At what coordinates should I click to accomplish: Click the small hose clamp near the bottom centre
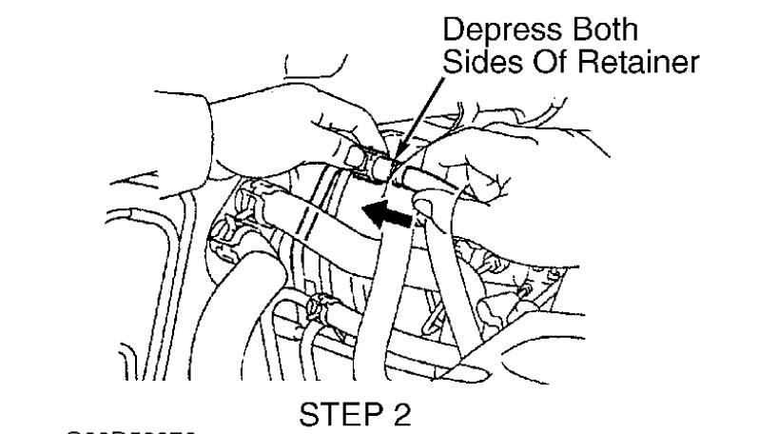click(x=318, y=310)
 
